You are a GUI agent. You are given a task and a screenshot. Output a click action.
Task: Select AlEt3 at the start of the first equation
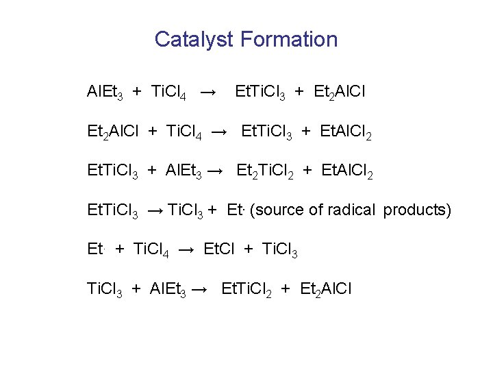click(105, 91)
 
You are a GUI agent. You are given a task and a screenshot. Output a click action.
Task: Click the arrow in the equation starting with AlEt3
click(210, 91)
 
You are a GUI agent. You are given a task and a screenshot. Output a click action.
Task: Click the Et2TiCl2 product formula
click(265, 171)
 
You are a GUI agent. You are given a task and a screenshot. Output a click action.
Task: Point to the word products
click(417, 210)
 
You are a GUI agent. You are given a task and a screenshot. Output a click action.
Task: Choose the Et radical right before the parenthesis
click(236, 210)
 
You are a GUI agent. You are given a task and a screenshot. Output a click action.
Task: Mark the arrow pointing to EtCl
click(186, 249)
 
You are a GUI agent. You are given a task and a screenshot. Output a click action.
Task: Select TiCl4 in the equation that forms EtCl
click(151, 249)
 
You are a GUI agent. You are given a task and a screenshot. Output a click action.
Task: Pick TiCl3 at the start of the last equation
click(105, 289)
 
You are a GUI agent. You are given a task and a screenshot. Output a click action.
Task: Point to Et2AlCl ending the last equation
click(326, 289)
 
